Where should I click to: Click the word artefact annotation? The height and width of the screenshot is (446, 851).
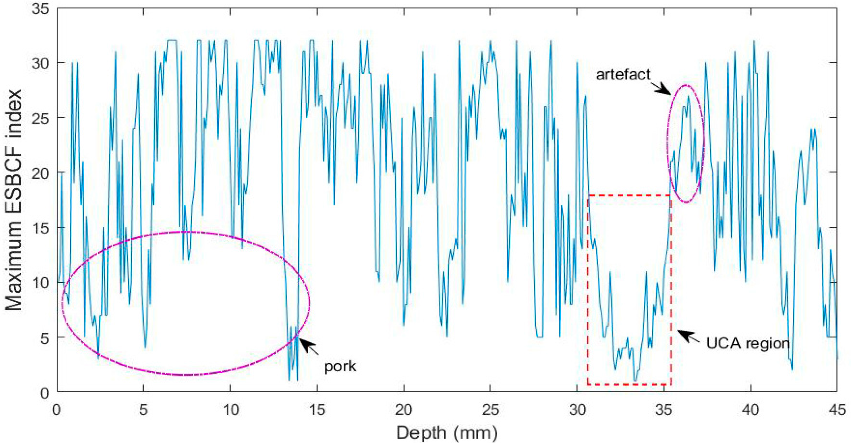tap(623, 75)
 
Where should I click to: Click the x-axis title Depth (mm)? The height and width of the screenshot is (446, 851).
tap(447, 433)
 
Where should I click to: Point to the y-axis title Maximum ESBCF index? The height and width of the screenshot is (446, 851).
tap(14, 200)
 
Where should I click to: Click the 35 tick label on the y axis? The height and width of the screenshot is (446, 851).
tap(40, 8)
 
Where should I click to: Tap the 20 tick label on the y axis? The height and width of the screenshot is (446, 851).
tap(40, 173)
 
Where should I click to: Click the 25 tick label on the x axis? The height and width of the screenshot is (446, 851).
tap(490, 410)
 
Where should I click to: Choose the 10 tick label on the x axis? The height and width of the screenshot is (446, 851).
tap(230, 410)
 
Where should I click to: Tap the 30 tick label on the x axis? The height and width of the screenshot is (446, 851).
tap(577, 410)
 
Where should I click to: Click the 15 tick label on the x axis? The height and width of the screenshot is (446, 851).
tap(317, 410)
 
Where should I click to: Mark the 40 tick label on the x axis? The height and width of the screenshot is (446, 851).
tap(751, 410)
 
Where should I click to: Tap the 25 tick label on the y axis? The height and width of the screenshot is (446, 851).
tap(40, 118)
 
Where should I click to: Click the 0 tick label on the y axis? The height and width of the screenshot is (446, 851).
tap(45, 393)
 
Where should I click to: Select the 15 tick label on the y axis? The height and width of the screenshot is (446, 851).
tap(40, 228)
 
